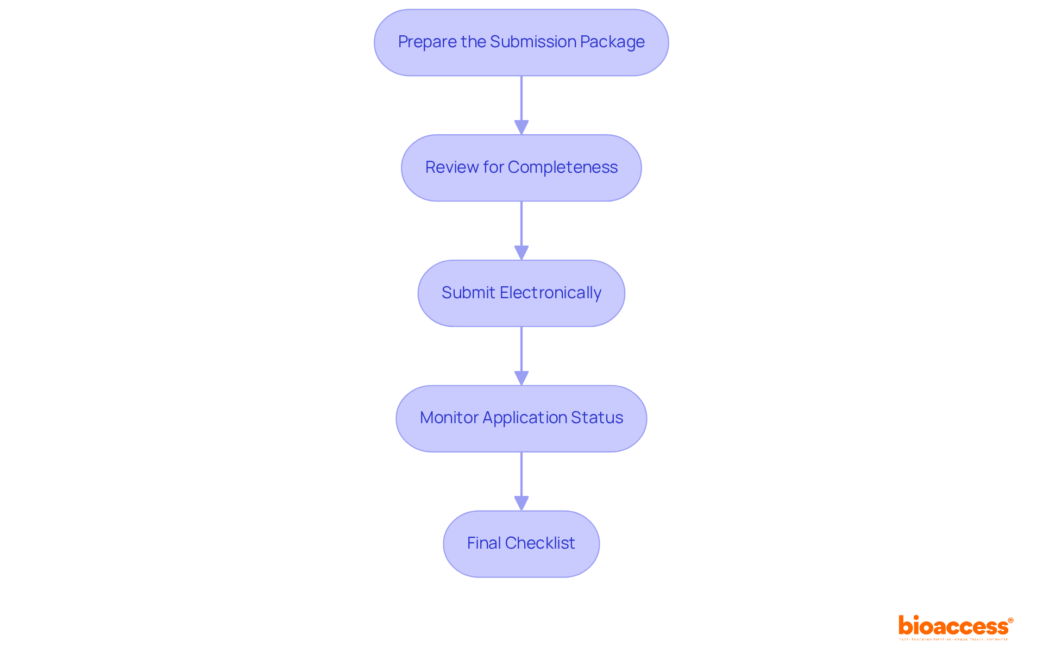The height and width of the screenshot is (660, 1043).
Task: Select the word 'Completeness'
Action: click(562, 167)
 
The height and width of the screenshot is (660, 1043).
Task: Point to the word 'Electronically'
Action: click(550, 293)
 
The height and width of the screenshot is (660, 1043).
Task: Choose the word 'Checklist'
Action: click(539, 543)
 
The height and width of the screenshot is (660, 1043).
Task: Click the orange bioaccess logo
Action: click(953, 626)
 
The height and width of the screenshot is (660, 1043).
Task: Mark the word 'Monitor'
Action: click(449, 418)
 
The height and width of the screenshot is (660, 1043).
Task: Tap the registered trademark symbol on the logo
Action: click(1010, 620)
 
